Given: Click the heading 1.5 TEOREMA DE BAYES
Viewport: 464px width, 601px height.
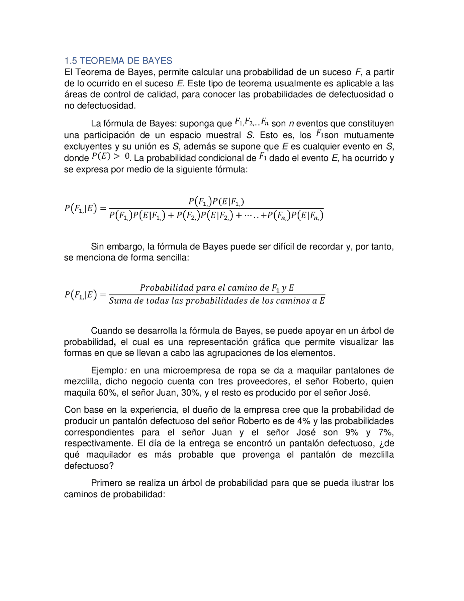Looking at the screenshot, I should pyautogui.click(x=118, y=61).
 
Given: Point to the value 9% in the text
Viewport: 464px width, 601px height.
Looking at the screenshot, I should pyautogui.click(x=352, y=432).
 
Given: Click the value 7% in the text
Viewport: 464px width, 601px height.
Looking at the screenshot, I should pyautogui.click(x=386, y=432).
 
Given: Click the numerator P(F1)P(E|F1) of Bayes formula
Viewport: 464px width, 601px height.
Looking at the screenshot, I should pyautogui.click(x=216, y=202).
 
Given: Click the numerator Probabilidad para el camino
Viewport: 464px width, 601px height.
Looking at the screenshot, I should pyautogui.click(x=217, y=288).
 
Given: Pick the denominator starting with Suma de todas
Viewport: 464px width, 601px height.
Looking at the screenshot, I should pyautogui.click(x=217, y=301).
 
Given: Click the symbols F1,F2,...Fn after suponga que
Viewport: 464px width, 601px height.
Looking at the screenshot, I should pyautogui.click(x=251, y=122).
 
